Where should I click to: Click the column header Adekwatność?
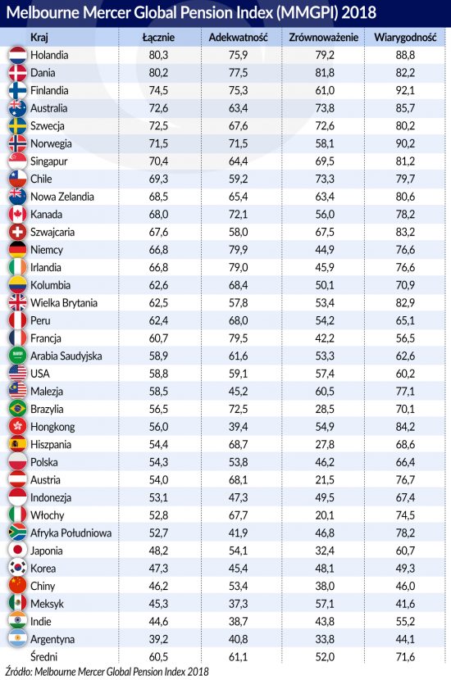pos(238,38)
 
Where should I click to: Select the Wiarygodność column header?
pos(405,38)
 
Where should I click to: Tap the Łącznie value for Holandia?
pos(158,55)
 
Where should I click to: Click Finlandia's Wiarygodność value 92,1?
pos(405,91)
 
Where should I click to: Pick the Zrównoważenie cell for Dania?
pos(325,73)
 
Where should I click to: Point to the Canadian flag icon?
pos(18,214)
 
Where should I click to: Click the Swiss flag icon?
pos(18,232)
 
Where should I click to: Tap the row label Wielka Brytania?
pos(64,302)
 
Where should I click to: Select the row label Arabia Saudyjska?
pos(66,356)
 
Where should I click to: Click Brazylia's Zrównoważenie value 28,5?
pos(325,409)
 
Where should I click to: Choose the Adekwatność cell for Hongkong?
pos(239,427)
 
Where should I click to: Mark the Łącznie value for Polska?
pos(158,462)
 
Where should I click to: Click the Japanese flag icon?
pos(18,551)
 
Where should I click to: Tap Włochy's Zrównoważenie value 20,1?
pos(325,515)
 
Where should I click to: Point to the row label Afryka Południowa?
pos(71,533)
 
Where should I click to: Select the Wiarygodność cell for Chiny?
pos(405,587)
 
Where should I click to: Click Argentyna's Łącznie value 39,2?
pos(158,639)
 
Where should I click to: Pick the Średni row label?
pos(43,656)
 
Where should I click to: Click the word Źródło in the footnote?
pos(19,671)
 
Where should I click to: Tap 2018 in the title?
pos(358,12)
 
